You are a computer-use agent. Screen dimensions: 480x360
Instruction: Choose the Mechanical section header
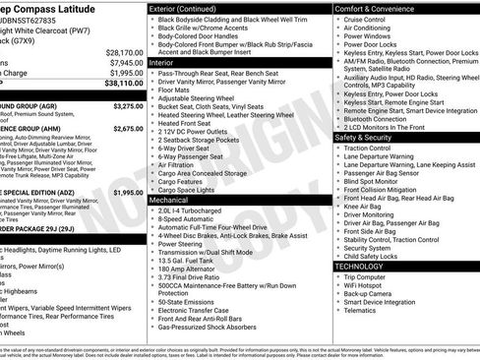tap(170, 199)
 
